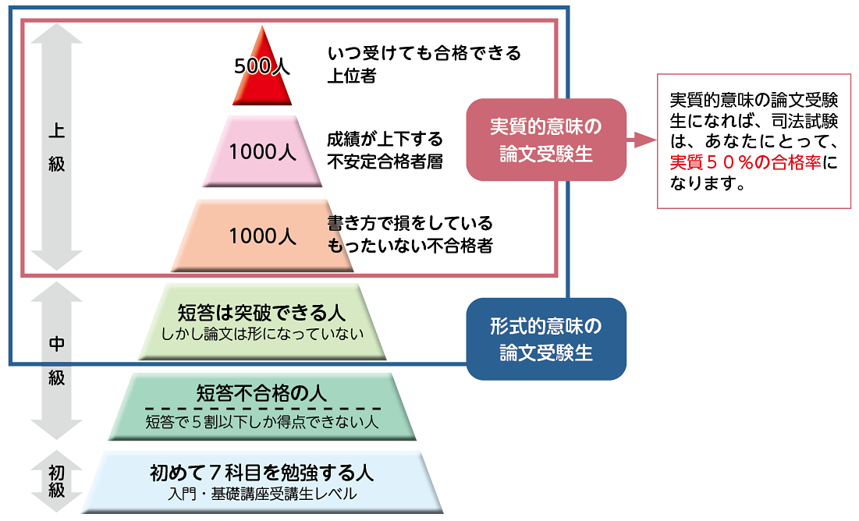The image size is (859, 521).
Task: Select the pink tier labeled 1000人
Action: point(262,152)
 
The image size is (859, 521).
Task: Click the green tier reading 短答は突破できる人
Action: point(262,323)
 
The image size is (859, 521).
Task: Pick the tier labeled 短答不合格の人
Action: point(262,406)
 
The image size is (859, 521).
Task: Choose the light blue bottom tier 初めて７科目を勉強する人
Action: point(262,482)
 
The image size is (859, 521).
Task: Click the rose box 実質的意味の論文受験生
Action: point(546,140)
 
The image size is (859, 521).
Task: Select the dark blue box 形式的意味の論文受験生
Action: point(546,338)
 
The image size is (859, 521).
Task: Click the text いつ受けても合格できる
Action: point(424,54)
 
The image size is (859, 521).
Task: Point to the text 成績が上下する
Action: point(385,140)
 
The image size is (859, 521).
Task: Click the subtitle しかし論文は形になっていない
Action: point(262,335)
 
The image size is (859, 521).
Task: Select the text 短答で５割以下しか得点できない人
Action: point(262,424)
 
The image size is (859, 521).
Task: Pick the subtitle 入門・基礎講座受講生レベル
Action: point(262,494)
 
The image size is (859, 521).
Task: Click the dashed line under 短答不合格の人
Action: point(262,408)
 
